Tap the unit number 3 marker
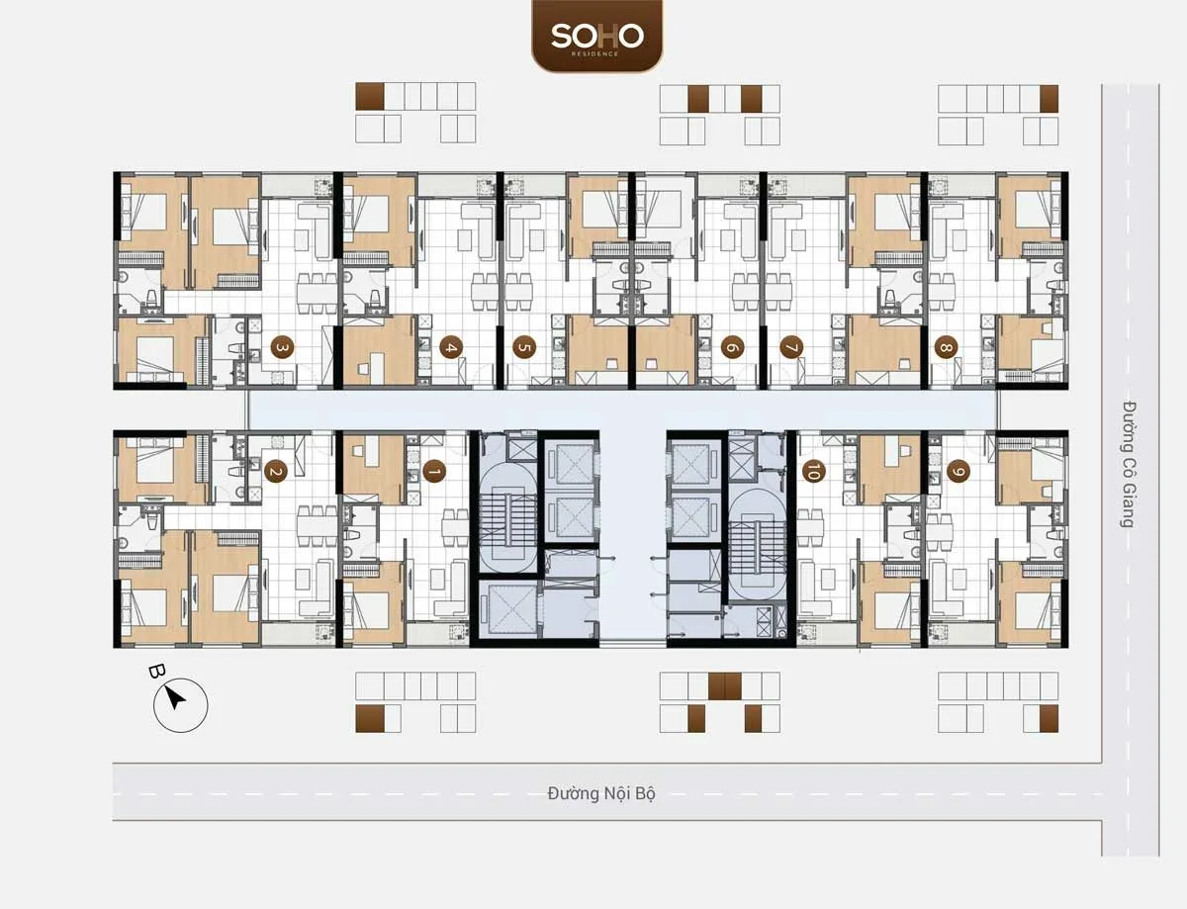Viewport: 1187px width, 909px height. tap(282, 348)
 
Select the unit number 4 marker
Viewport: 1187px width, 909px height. tap(450, 348)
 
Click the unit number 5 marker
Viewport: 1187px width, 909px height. tap(523, 348)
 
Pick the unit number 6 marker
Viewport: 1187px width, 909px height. tap(732, 348)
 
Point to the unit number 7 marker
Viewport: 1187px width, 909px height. tap(790, 348)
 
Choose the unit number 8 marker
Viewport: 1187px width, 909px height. tap(947, 348)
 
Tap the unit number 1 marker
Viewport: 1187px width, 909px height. tap(432, 473)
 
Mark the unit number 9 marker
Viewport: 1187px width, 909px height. tap(957, 473)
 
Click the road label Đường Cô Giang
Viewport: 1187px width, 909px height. tap(1127, 463)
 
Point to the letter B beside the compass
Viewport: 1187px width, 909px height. tap(156, 672)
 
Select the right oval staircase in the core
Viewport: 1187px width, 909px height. tap(757, 542)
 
